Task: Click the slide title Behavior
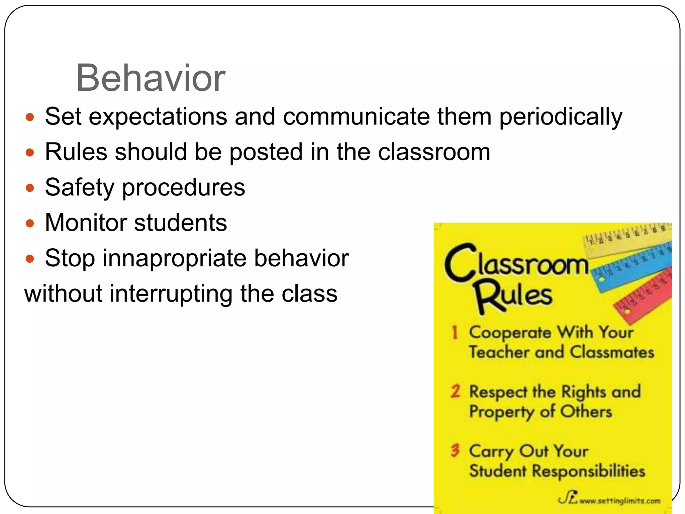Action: click(x=151, y=78)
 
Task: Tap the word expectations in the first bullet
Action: click(x=158, y=117)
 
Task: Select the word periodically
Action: click(x=561, y=117)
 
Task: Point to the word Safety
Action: click(x=80, y=187)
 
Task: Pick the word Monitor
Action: click(x=86, y=223)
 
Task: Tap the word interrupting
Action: click(x=170, y=294)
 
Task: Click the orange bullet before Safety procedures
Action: click(x=30, y=188)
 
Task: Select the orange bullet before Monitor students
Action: click(x=30, y=223)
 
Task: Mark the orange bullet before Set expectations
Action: click(x=30, y=117)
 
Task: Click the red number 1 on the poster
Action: click(x=455, y=332)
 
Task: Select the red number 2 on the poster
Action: click(x=455, y=391)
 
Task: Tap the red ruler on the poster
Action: click(x=644, y=296)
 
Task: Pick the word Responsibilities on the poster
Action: click(x=588, y=471)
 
